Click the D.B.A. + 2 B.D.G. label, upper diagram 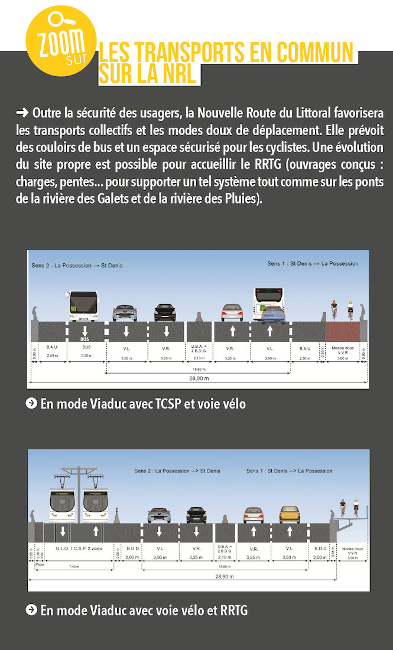pyautogui.click(x=197, y=348)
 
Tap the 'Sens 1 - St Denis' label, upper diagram pyautogui.click(x=312, y=263)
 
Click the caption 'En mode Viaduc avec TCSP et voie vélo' pyautogui.click(x=142, y=404)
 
